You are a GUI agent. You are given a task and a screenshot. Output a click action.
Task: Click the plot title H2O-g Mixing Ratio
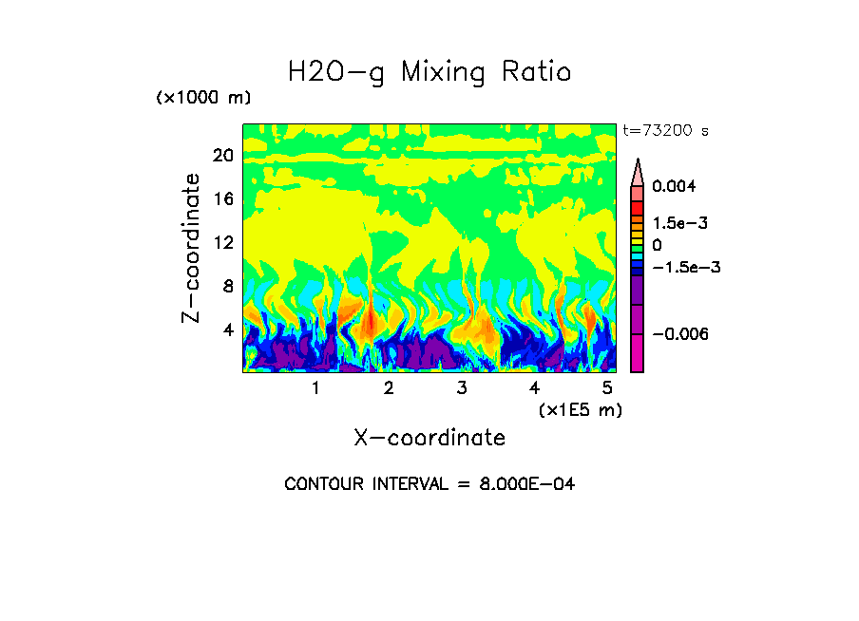click(429, 72)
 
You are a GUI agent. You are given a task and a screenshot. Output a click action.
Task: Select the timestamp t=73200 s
click(665, 131)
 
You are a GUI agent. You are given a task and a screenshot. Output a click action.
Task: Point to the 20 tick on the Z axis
click(222, 156)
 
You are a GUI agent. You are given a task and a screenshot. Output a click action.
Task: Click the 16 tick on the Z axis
click(222, 199)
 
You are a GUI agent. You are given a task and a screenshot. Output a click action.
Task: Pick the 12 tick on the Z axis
click(222, 243)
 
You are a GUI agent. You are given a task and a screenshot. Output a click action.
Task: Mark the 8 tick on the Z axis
click(227, 286)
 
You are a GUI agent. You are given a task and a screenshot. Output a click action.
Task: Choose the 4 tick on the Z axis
click(227, 329)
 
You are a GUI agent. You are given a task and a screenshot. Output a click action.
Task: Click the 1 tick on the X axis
click(315, 388)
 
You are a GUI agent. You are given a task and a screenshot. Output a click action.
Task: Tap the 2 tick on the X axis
click(389, 388)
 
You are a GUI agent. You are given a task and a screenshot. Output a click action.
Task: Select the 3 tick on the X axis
click(462, 388)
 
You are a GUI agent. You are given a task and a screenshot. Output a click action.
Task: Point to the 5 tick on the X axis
click(607, 388)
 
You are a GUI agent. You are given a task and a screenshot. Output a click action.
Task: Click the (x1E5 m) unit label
click(581, 409)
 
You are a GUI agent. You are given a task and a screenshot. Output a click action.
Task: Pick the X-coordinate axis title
click(429, 438)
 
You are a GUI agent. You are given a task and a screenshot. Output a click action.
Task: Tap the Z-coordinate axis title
click(192, 248)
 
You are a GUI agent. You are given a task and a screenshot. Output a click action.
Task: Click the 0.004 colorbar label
click(674, 187)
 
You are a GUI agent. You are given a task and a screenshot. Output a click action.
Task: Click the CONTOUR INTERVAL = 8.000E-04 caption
click(429, 484)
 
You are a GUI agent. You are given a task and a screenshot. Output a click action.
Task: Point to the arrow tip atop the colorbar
click(638, 161)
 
